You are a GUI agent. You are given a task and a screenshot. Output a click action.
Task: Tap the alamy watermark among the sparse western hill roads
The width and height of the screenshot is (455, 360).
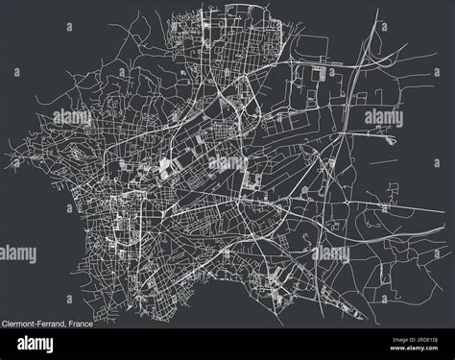(71, 117)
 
